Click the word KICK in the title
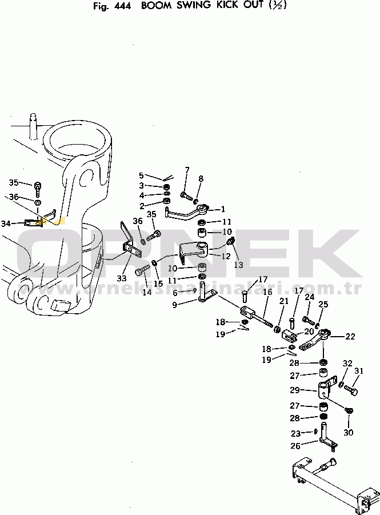[x=227, y=6]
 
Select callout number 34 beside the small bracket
[x=6, y=223]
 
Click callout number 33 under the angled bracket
[x=122, y=278]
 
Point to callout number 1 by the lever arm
[x=223, y=209]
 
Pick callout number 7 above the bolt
[x=187, y=170]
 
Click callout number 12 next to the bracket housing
[x=226, y=256]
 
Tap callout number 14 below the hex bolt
[x=147, y=292]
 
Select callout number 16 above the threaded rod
[x=267, y=292]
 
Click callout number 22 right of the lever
[x=350, y=337]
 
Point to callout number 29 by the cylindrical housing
[x=295, y=390]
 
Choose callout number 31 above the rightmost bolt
[x=359, y=371]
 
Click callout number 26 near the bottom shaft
[x=295, y=446]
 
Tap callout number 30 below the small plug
[x=348, y=433]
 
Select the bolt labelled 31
[x=351, y=390]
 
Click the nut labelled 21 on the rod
[x=277, y=329]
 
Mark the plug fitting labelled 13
[x=230, y=241]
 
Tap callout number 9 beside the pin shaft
[x=174, y=305]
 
